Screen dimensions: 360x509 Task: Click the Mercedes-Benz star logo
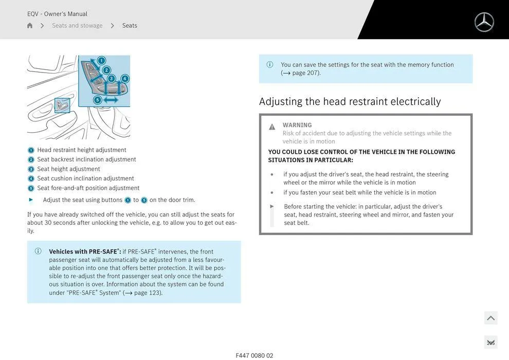[x=484, y=22]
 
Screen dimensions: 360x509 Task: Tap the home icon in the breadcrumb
[x=30, y=26]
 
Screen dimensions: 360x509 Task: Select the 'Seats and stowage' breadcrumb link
[x=77, y=26]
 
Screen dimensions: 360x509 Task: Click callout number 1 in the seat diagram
[x=101, y=61]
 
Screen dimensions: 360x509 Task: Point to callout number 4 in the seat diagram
[x=124, y=79]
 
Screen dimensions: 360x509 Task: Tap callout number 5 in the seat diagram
[x=97, y=100]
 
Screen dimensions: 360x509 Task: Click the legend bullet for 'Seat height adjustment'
[x=31, y=169]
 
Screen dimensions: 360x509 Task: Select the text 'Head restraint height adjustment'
[x=82, y=150]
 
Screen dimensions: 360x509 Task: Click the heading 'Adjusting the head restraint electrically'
[x=350, y=101]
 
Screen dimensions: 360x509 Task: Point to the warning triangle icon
[x=272, y=127]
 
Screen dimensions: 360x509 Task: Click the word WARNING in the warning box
[x=297, y=125]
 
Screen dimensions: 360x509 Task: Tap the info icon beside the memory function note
[x=270, y=65]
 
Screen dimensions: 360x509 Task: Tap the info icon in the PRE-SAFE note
[x=38, y=251]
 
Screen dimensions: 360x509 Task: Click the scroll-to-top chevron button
[x=490, y=318]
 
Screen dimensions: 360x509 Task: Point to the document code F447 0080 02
[x=254, y=355]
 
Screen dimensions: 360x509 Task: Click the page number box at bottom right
[x=490, y=343]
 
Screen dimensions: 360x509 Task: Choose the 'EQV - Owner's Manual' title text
[x=57, y=14]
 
